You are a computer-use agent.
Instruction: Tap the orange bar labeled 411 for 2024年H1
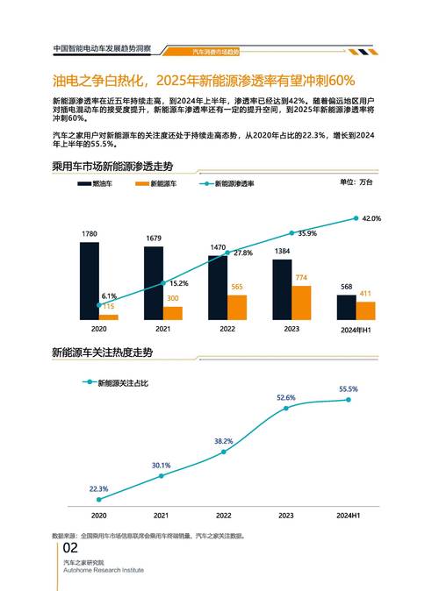click(365, 310)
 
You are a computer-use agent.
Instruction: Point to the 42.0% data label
click(371, 217)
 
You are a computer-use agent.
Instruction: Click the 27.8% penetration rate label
click(243, 253)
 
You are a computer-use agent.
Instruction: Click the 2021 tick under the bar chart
click(162, 329)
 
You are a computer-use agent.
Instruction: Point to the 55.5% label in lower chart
click(349, 388)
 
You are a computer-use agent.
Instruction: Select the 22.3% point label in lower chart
click(98, 488)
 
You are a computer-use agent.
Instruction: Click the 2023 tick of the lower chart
click(286, 516)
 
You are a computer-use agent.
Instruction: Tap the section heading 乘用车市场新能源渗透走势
click(112, 166)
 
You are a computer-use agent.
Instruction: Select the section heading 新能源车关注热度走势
click(102, 352)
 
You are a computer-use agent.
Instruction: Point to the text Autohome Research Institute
click(103, 568)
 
